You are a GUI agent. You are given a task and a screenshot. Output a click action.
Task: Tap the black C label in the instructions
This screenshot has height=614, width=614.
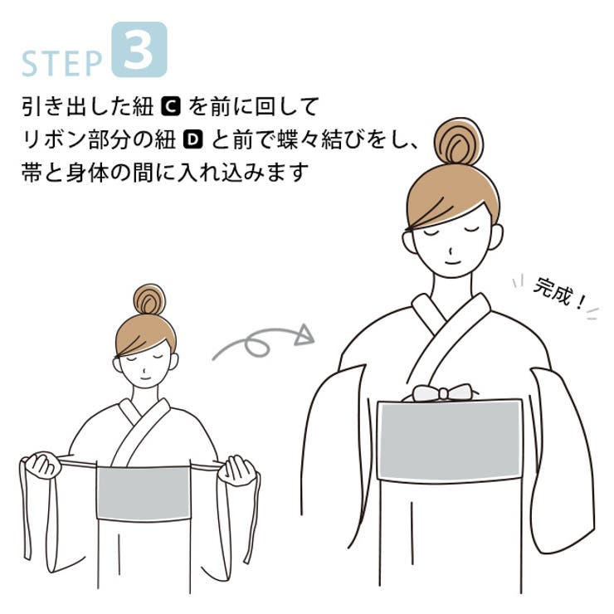(x=170, y=107)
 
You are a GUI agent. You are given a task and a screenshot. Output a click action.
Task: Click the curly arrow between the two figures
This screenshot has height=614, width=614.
(x=264, y=341)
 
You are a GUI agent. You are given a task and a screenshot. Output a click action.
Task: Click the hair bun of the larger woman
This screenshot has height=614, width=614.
(x=459, y=141)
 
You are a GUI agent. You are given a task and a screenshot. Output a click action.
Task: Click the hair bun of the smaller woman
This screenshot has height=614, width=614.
(x=149, y=300)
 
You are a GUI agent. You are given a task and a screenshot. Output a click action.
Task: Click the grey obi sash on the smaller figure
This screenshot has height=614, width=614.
(x=144, y=493)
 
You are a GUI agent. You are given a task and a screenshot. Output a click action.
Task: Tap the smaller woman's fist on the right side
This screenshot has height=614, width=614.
(x=239, y=470)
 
